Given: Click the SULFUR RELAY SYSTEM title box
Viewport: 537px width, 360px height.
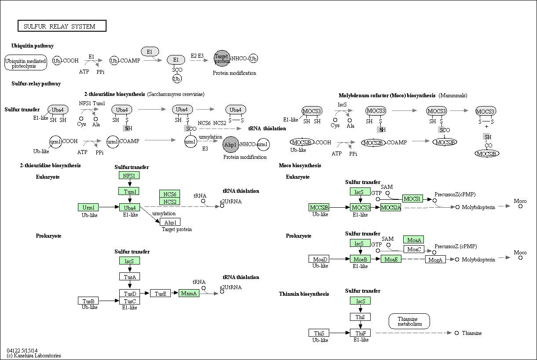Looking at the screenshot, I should click(62, 26).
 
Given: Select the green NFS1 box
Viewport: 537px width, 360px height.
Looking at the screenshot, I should click(129, 176).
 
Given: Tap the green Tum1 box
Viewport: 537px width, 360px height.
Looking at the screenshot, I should click(129, 191).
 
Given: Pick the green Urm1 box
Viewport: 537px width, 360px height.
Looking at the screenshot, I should click(88, 207).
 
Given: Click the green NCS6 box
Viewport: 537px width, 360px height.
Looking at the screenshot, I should click(170, 194).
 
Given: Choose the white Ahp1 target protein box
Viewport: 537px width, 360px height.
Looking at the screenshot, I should click(170, 222).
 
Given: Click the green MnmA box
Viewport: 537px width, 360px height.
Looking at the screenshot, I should click(189, 293).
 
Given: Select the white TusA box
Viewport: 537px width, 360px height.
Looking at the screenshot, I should click(129, 276).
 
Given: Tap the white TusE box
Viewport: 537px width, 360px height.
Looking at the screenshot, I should click(160, 293).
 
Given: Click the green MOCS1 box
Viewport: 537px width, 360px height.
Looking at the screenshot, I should click(412, 199).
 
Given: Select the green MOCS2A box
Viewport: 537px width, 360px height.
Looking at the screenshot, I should click(390, 207).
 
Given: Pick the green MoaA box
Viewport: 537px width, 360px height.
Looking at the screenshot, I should click(414, 239).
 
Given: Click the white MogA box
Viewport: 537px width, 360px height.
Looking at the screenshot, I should click(436, 260).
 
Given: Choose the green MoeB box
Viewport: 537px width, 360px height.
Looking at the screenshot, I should click(360, 259).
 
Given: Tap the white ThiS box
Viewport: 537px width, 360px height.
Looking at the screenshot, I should click(319, 333).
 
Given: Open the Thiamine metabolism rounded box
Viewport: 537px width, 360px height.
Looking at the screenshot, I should click(409, 321).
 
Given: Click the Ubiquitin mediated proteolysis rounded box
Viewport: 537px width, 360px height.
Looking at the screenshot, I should click(26, 63).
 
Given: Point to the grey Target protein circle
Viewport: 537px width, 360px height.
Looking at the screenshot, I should click(222, 59).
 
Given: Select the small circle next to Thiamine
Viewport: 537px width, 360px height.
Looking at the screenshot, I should click(456, 333).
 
